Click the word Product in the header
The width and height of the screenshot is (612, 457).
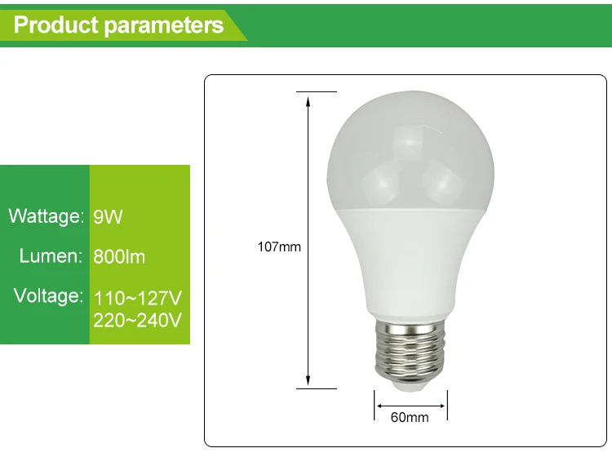click(55, 25)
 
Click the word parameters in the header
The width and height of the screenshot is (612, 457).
click(164, 26)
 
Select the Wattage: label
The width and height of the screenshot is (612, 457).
click(47, 215)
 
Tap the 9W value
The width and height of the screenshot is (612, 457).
click(108, 217)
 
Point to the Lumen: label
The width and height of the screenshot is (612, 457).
click(51, 256)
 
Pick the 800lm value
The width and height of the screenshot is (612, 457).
click(119, 257)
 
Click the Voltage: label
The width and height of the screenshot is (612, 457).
click(49, 295)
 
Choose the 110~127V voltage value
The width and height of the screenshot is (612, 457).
click(138, 299)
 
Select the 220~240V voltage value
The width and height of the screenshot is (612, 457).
click(138, 321)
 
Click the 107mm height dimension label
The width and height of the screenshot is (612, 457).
click(279, 247)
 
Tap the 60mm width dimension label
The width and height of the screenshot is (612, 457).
click(410, 417)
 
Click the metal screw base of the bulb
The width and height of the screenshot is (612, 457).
click(410, 349)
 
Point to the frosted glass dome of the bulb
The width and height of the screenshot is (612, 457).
click(410, 150)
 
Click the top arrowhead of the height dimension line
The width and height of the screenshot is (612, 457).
click(308, 101)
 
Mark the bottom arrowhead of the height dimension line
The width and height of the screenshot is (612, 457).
click(308, 380)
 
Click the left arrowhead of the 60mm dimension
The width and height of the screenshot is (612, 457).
click(379, 406)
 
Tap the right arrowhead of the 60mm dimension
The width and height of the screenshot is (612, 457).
click(441, 406)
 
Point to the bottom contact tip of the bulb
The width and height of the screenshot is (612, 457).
click(410, 386)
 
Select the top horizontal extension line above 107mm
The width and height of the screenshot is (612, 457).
click(317, 91)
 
